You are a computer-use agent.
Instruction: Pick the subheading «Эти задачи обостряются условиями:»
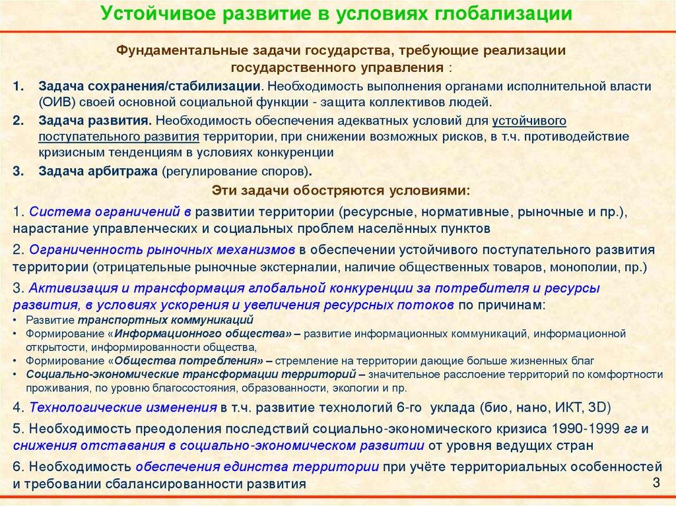click(341, 190)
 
